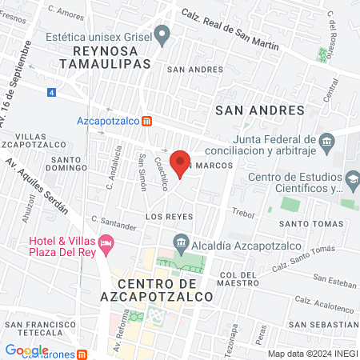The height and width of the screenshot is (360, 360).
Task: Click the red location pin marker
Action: point(181,162)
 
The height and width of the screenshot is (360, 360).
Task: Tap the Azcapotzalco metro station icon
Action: point(147,122)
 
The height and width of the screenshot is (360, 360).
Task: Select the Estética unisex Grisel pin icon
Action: point(162,35)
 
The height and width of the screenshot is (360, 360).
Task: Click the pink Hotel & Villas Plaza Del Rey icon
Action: point(106,242)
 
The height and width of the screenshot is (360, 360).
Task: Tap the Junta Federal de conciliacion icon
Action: point(326,144)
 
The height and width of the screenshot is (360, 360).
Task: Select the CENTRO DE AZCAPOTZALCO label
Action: point(165,290)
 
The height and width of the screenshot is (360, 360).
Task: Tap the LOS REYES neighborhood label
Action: point(166,217)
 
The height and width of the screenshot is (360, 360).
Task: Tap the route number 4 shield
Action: point(52,93)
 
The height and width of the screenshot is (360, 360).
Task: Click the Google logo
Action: point(26,350)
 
